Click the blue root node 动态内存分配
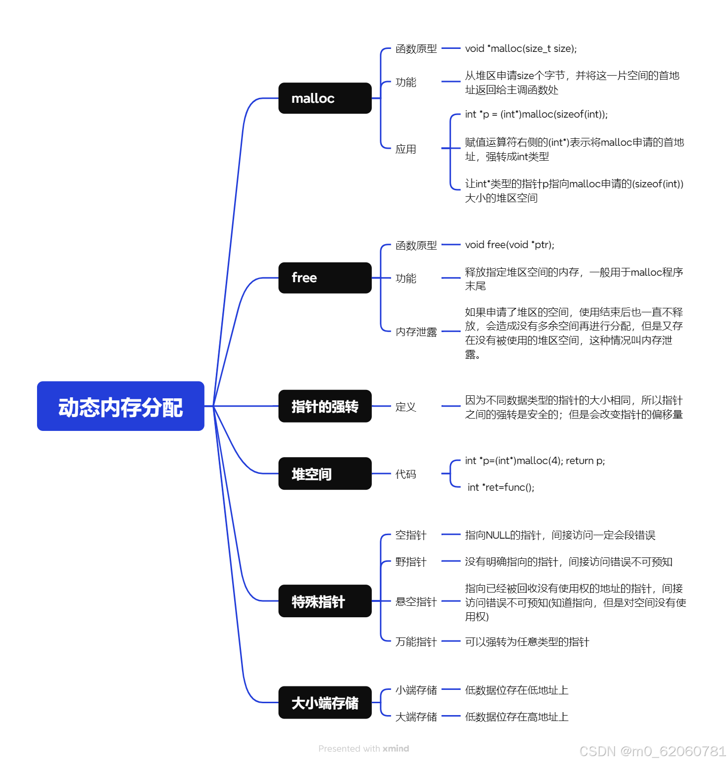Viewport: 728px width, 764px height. click(x=121, y=406)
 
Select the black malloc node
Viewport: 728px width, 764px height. click(x=324, y=98)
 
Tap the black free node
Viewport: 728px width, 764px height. click(x=324, y=278)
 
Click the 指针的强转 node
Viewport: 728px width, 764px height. click(x=324, y=406)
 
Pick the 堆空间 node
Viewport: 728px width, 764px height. click(x=324, y=473)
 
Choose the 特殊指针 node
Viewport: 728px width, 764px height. click(x=324, y=601)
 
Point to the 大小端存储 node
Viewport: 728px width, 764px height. click(x=324, y=702)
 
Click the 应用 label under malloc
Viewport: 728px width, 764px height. click(x=405, y=149)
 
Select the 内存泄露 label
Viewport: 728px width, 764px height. click(x=416, y=332)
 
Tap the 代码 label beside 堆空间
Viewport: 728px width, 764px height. click(x=405, y=474)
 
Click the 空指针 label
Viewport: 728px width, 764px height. click(x=410, y=535)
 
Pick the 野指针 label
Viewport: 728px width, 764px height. click(x=410, y=561)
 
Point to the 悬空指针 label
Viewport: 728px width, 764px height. click(x=416, y=601)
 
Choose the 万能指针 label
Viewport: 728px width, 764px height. click(x=416, y=641)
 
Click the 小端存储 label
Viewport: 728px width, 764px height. click(x=416, y=690)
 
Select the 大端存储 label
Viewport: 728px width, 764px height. click(x=416, y=717)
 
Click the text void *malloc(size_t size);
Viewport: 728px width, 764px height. click(x=521, y=48)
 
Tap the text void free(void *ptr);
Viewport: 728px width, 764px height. click(x=509, y=245)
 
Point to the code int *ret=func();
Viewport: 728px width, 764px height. click(x=501, y=487)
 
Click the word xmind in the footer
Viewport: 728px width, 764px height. click(x=396, y=748)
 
